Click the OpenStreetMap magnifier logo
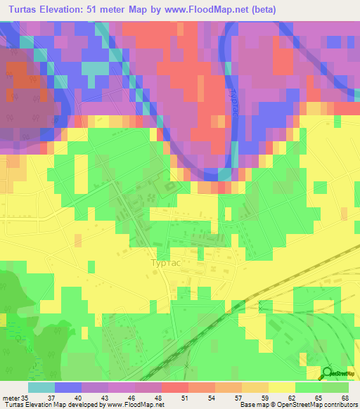[328, 373]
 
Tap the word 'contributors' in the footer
[340, 404]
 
